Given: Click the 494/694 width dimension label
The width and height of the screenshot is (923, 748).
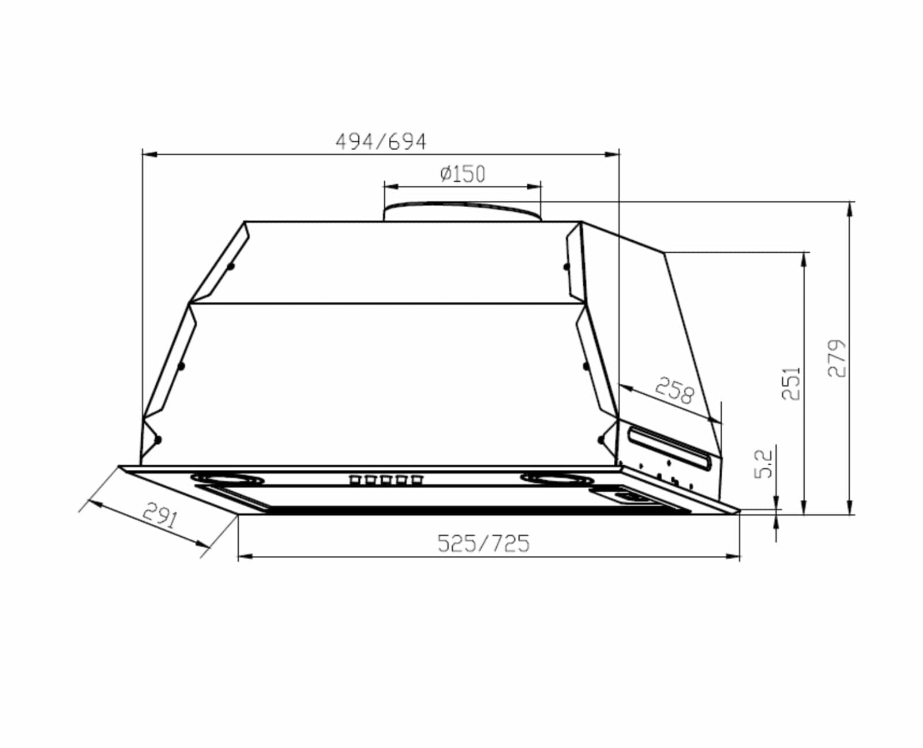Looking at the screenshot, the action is pos(381,142).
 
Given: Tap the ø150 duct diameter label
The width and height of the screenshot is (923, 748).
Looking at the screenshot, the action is pos(463,174).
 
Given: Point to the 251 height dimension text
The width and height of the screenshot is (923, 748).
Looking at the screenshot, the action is pos(791,384).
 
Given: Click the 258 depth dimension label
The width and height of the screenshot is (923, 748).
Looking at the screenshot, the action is pos(675,390).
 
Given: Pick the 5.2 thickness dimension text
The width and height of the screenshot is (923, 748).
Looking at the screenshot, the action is pos(764,463).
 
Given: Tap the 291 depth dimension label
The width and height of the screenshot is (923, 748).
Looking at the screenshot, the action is pos(160,515).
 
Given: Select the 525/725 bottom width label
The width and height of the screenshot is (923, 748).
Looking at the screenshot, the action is pos(483,543).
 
